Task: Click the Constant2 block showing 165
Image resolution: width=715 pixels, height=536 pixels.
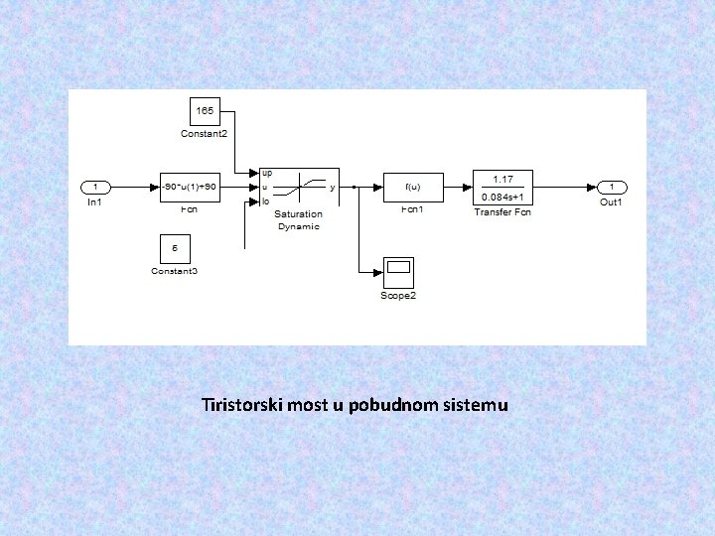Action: coord(207,112)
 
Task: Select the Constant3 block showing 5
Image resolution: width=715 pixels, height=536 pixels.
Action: coord(175,248)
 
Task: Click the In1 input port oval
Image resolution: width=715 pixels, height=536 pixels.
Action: coord(95,187)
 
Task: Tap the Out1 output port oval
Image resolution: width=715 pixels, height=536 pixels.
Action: coord(612,187)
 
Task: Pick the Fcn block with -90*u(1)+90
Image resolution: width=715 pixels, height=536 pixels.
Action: coord(189,187)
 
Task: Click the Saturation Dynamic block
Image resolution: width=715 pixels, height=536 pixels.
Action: coord(298,187)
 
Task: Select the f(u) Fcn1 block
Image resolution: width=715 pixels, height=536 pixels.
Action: coord(413,187)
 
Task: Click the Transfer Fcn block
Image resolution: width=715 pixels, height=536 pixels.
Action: coord(501,187)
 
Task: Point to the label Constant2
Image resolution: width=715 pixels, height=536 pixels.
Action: coord(204,133)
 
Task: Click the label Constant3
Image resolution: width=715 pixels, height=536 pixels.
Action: coord(174,271)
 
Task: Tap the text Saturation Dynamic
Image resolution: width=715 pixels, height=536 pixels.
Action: coord(298,220)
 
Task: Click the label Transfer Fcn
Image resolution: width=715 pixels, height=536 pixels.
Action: coord(502,212)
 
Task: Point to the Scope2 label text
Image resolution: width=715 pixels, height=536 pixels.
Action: coord(398,296)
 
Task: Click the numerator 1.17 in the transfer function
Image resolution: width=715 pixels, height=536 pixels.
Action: coord(502,179)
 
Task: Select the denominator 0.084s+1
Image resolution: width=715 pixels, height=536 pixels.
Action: coord(502,196)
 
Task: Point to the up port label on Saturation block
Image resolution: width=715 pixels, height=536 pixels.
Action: coord(267,173)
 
